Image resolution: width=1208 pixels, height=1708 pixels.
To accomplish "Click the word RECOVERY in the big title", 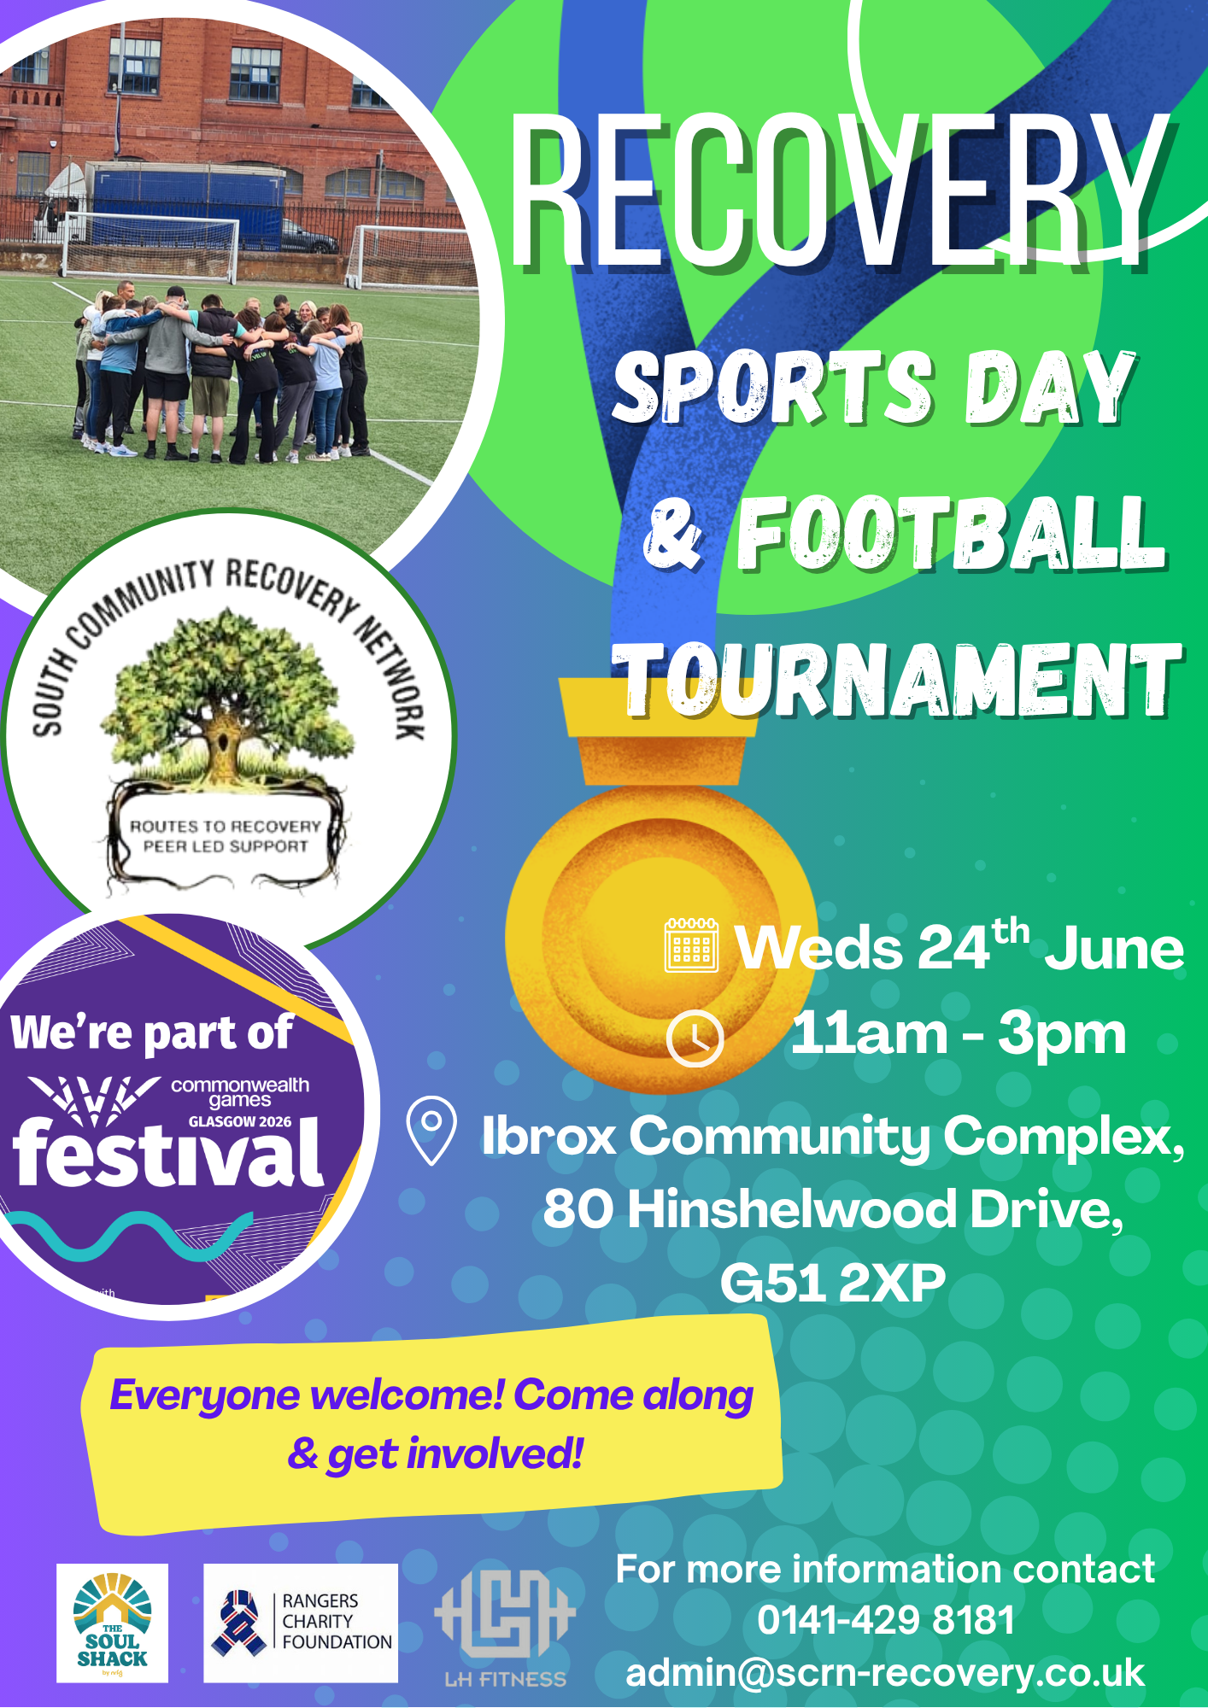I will pos(841,192).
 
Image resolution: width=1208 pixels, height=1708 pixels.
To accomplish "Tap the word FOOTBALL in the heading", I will pos(951,534).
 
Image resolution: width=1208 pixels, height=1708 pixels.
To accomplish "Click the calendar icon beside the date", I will pos(691,945).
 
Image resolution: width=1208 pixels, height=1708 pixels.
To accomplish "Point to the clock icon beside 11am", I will pos(695,1038).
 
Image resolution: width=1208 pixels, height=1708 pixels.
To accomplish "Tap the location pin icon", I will pos(431,1129).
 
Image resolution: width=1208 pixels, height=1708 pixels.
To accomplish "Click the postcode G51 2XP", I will pos(833,1282).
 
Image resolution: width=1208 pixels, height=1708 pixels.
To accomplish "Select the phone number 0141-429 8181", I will pos(886,1620).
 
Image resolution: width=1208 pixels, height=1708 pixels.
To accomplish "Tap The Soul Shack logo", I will pos(112,1623).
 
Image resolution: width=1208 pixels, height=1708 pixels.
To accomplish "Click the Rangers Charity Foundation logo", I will pos(301,1623).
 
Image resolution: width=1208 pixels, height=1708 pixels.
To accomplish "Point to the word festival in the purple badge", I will pos(167,1153).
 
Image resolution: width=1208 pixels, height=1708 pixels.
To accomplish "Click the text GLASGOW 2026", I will pos(240,1121).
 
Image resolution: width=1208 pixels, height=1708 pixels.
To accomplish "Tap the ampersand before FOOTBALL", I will pos(673,534).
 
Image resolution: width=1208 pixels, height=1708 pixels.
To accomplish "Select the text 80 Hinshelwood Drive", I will pos(833,1209).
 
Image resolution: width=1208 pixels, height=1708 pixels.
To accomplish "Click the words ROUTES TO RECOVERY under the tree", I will pos(225,826).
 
